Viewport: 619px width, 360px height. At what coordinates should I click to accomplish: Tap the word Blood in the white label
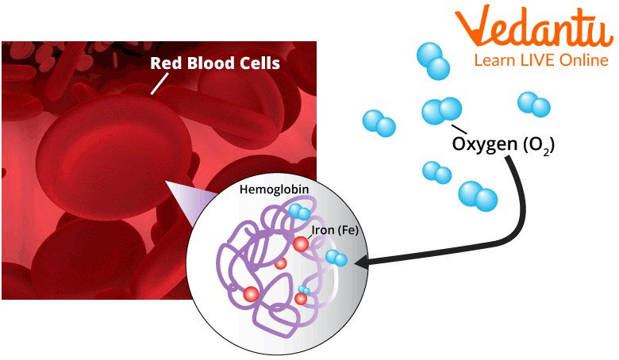tap(207, 63)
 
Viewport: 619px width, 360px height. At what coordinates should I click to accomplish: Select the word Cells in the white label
tap(256, 63)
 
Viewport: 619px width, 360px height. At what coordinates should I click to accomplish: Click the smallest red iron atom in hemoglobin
tap(280, 263)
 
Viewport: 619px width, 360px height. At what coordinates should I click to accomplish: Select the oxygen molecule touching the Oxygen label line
tap(441, 110)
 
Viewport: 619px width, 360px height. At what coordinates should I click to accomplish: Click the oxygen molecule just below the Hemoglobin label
tap(299, 211)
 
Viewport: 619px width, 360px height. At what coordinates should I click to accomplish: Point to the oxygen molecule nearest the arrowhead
tap(336, 257)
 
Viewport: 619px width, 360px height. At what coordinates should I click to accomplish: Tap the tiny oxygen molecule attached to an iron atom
tap(304, 289)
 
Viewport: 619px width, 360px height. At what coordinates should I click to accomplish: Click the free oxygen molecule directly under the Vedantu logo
tap(533, 104)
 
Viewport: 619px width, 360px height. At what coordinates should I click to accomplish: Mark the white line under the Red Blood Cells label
tap(159, 82)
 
